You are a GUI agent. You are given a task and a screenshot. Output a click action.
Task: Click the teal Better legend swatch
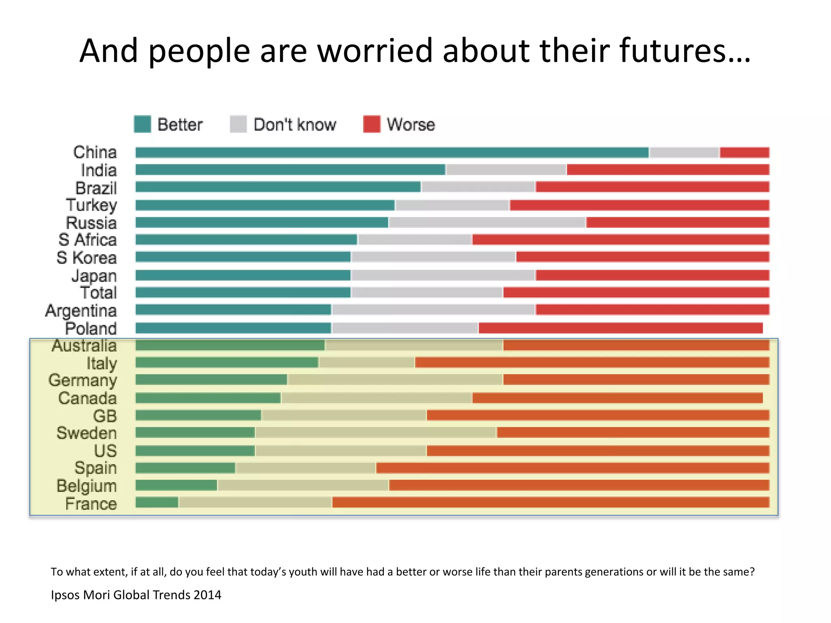coord(142,124)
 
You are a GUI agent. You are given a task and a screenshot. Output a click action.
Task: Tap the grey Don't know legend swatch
coord(238,124)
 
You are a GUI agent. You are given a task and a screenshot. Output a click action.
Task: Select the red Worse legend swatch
coord(372,124)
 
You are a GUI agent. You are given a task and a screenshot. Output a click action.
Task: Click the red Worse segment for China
coord(745,153)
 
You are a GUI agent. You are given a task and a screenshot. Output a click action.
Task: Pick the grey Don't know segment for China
coord(684,153)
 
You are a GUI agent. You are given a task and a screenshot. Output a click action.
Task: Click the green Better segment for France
coord(157,503)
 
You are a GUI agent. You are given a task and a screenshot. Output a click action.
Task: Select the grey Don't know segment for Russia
coord(487,222)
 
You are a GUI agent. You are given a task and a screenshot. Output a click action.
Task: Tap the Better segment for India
coord(290,170)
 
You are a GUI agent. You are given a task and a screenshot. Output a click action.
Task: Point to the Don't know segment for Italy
coord(366,362)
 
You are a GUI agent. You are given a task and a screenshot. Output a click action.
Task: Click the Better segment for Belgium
coord(176,485)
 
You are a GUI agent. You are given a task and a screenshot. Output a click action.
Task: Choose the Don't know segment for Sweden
coord(376,432)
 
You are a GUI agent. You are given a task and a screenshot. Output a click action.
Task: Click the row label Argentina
coord(81,311)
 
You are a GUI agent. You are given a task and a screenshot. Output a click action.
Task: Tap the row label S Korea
coord(87,258)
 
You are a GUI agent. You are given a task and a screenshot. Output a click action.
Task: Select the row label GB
coord(105,416)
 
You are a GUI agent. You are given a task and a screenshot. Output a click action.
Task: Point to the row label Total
coord(99,292)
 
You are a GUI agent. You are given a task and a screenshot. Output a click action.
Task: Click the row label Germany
coord(83,380)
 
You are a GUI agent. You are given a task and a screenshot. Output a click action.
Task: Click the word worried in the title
coord(375,51)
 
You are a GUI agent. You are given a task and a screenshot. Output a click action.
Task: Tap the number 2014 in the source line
coord(207,595)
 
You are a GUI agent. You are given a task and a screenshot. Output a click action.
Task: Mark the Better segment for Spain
coord(185,468)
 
